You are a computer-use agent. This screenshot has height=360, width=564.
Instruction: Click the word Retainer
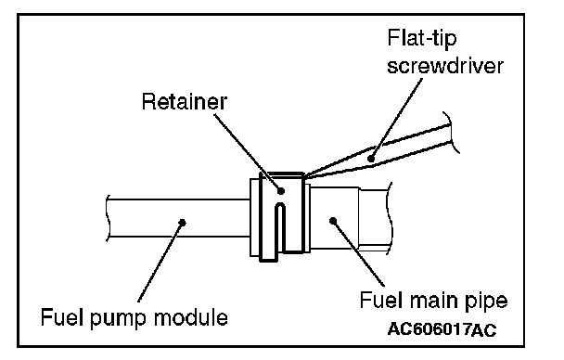click(x=185, y=101)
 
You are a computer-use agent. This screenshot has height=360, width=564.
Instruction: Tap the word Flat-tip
click(x=422, y=38)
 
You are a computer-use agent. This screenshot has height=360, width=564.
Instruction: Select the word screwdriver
click(x=445, y=66)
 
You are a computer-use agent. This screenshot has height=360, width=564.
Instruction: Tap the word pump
click(x=119, y=319)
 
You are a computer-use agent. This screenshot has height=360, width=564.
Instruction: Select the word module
click(x=191, y=317)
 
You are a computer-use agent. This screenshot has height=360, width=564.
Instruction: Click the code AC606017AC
click(x=442, y=329)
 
